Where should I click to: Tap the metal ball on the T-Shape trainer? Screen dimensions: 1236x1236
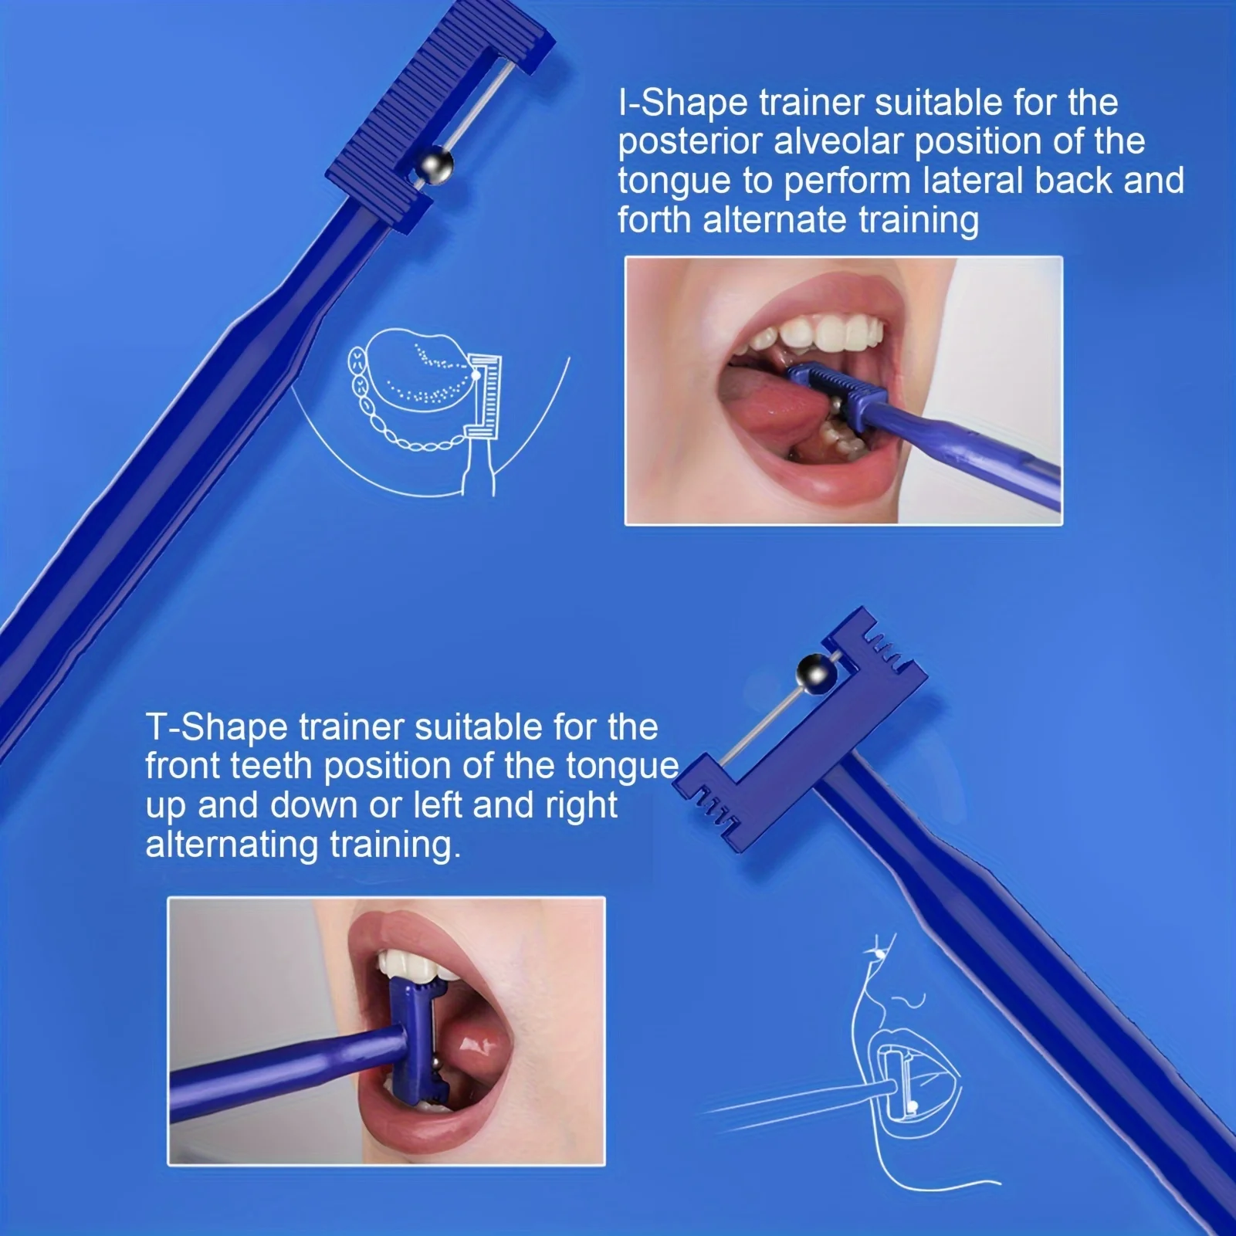pyautogui.click(x=817, y=673)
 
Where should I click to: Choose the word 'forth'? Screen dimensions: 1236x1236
pyautogui.click(x=655, y=220)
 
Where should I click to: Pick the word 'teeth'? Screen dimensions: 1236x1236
pyautogui.click(x=272, y=766)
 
